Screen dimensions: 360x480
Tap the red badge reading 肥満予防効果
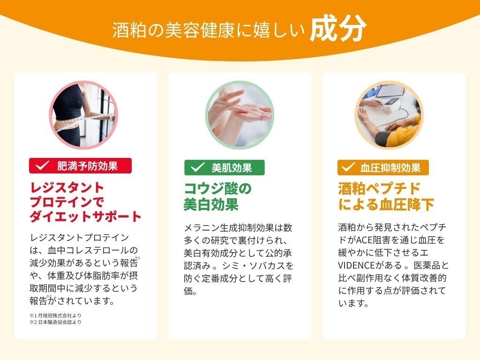tap(80, 165)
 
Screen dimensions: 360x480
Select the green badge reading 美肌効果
tap(224, 167)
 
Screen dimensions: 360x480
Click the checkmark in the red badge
tap(43, 165)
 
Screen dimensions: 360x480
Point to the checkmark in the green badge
tap(197, 167)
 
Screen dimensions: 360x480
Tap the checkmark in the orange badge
tap(348, 167)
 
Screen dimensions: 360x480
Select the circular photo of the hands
tap(240, 115)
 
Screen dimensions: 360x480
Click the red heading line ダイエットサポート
tap(85, 216)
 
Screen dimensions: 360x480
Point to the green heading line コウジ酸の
tap(217, 188)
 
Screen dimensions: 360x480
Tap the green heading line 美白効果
tap(211, 204)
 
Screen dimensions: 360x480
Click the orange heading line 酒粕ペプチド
tap(379, 188)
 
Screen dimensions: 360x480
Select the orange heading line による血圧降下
tap(386, 204)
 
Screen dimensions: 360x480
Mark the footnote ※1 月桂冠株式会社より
tap(55, 315)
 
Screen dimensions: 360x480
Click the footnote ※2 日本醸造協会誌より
tap(55, 322)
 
